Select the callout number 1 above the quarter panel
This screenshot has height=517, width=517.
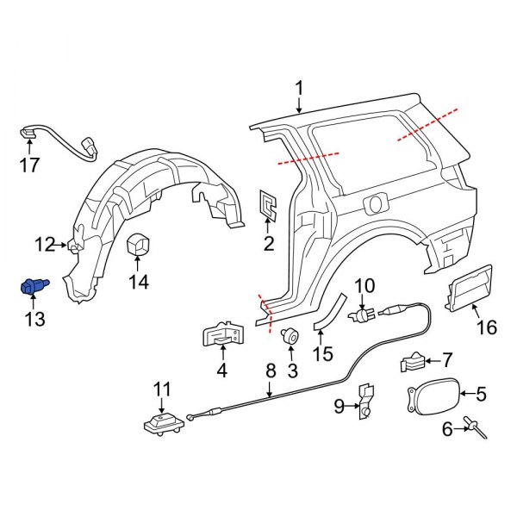click(299, 88)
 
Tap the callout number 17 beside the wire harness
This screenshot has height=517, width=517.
click(29, 165)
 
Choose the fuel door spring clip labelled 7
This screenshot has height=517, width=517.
click(414, 363)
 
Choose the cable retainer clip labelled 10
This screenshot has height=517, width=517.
click(361, 315)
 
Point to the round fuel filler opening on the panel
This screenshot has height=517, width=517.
click(374, 205)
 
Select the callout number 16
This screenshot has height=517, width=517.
click(487, 327)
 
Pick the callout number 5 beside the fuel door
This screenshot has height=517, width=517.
click(481, 395)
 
